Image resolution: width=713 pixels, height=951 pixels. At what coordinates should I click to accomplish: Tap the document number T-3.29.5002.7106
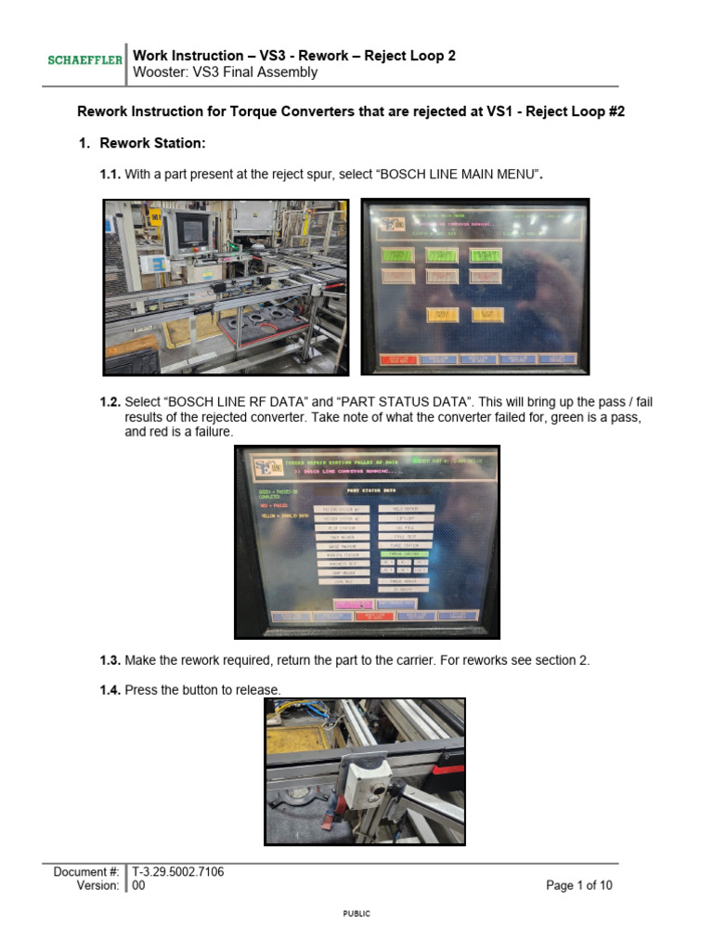(x=177, y=871)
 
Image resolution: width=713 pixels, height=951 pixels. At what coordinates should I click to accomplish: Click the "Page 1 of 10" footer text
(x=578, y=886)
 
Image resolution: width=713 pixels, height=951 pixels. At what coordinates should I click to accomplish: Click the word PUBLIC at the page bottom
(x=356, y=914)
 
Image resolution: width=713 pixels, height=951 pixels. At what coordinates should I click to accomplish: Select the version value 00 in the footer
(x=139, y=886)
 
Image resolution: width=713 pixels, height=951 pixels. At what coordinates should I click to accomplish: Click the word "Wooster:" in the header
(x=160, y=72)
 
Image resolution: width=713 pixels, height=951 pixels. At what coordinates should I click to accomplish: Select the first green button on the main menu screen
(x=396, y=254)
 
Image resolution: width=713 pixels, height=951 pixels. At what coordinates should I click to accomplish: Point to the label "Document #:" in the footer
(x=85, y=871)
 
